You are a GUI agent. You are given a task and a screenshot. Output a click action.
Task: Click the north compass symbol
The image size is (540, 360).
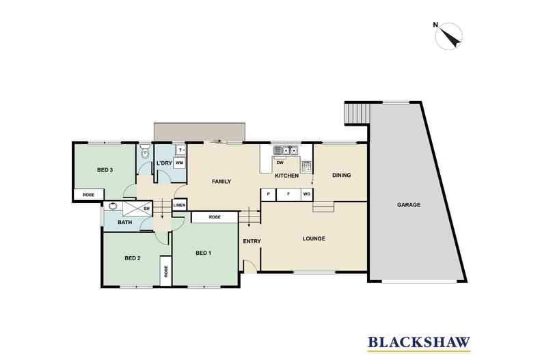448,36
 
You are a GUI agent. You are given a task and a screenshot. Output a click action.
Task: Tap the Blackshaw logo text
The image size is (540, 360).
419,342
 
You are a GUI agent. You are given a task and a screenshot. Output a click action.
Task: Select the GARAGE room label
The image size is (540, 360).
409,205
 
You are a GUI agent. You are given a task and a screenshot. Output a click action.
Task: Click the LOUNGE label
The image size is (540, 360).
314,238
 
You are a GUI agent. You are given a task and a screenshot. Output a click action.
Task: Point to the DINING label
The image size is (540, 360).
341,175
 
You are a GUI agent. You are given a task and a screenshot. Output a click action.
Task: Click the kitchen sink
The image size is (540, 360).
286,150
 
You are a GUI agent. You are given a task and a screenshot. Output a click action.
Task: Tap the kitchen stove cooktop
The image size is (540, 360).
306,167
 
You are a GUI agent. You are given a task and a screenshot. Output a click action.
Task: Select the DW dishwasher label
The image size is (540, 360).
280,163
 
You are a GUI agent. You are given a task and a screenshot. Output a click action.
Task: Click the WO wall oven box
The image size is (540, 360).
306,194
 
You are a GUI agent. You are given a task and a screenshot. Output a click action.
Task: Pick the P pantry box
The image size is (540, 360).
269,194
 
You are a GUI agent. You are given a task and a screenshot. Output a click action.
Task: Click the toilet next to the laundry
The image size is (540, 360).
146,151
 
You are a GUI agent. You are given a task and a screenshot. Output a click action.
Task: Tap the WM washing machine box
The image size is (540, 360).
179,163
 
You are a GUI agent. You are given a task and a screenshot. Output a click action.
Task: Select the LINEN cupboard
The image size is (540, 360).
179,205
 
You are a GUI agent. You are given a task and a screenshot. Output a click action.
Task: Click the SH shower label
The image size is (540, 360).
146,208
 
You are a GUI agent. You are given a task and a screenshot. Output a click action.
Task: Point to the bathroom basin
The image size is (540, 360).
113,206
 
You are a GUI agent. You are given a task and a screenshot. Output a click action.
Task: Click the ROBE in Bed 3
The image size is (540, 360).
88,195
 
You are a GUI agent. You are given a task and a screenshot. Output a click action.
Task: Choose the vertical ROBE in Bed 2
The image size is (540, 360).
166,271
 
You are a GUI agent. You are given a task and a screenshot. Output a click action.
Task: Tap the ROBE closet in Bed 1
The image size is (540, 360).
215,217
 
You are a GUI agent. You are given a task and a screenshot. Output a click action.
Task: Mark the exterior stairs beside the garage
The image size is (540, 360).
357,113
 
